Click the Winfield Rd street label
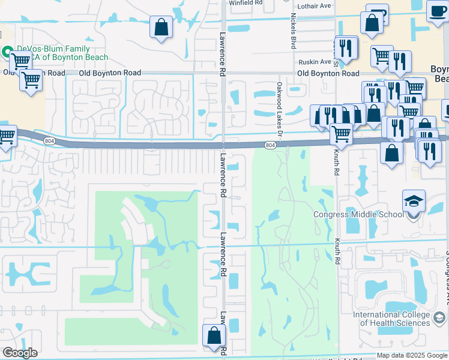243,3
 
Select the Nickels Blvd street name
294,31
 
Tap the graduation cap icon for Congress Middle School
414,202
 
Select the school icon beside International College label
439,316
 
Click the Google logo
20,353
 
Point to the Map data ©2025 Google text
412,355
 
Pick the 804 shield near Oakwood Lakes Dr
270,145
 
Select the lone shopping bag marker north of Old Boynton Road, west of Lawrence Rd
161,27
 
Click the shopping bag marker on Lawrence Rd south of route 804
214,336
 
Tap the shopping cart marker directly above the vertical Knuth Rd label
341,134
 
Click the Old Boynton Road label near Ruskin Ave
328,73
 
